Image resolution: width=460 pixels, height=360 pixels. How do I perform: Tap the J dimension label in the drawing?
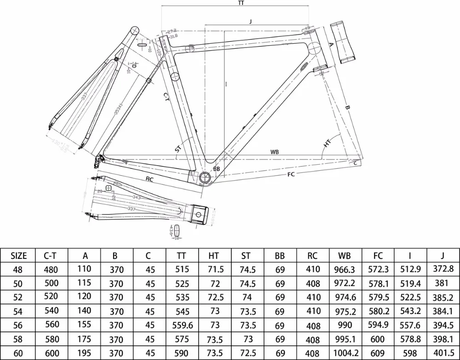tap(250, 22)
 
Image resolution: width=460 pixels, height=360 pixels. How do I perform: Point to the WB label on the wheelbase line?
tap(275, 152)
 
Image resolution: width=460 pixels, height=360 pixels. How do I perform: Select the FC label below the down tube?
tap(291, 174)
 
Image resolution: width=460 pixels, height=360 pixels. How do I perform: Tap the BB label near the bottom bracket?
tap(217, 169)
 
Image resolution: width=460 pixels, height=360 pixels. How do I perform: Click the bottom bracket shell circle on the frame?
tap(206, 177)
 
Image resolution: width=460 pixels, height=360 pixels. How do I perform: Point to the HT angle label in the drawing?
tap(327, 144)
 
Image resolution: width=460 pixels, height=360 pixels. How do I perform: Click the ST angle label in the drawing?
tap(178, 149)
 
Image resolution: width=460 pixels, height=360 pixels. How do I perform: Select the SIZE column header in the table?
tap(19, 256)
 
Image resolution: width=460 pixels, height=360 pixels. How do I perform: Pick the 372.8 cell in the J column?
tap(443, 269)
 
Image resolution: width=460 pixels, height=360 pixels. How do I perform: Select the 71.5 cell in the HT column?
tap(215, 269)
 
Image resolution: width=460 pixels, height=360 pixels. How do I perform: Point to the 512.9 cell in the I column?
tap(411, 269)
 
